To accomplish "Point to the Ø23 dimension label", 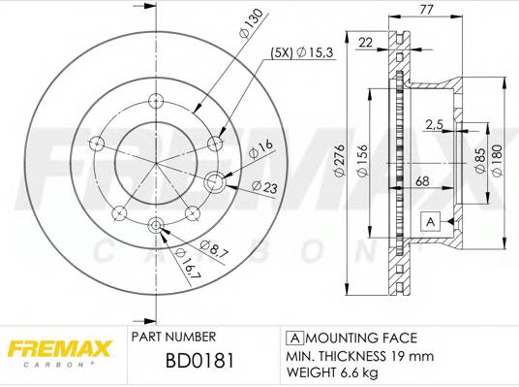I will pyautogui.click(x=263, y=185).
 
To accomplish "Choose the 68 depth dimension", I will pyautogui.click(x=423, y=181).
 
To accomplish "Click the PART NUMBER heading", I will pyautogui.click(x=172, y=338).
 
